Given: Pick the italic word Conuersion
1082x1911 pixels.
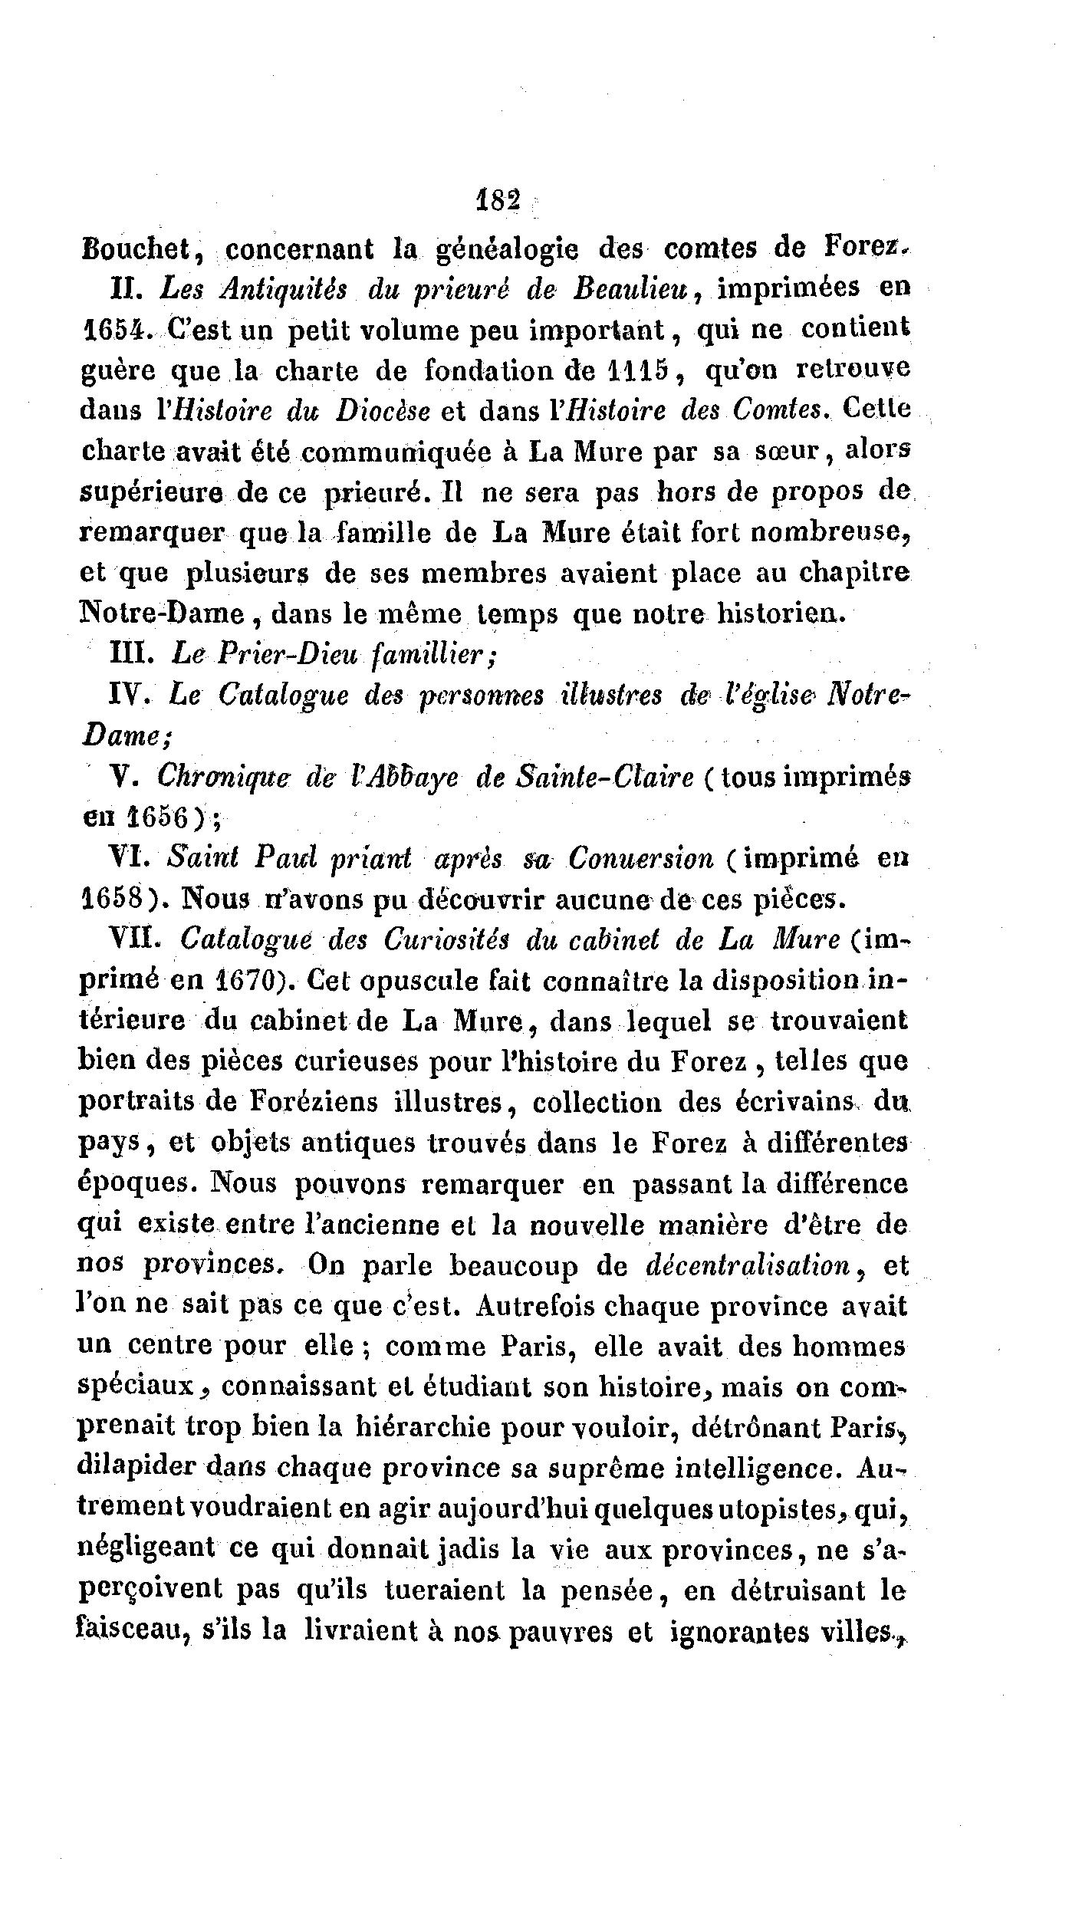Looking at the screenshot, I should [640, 858].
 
